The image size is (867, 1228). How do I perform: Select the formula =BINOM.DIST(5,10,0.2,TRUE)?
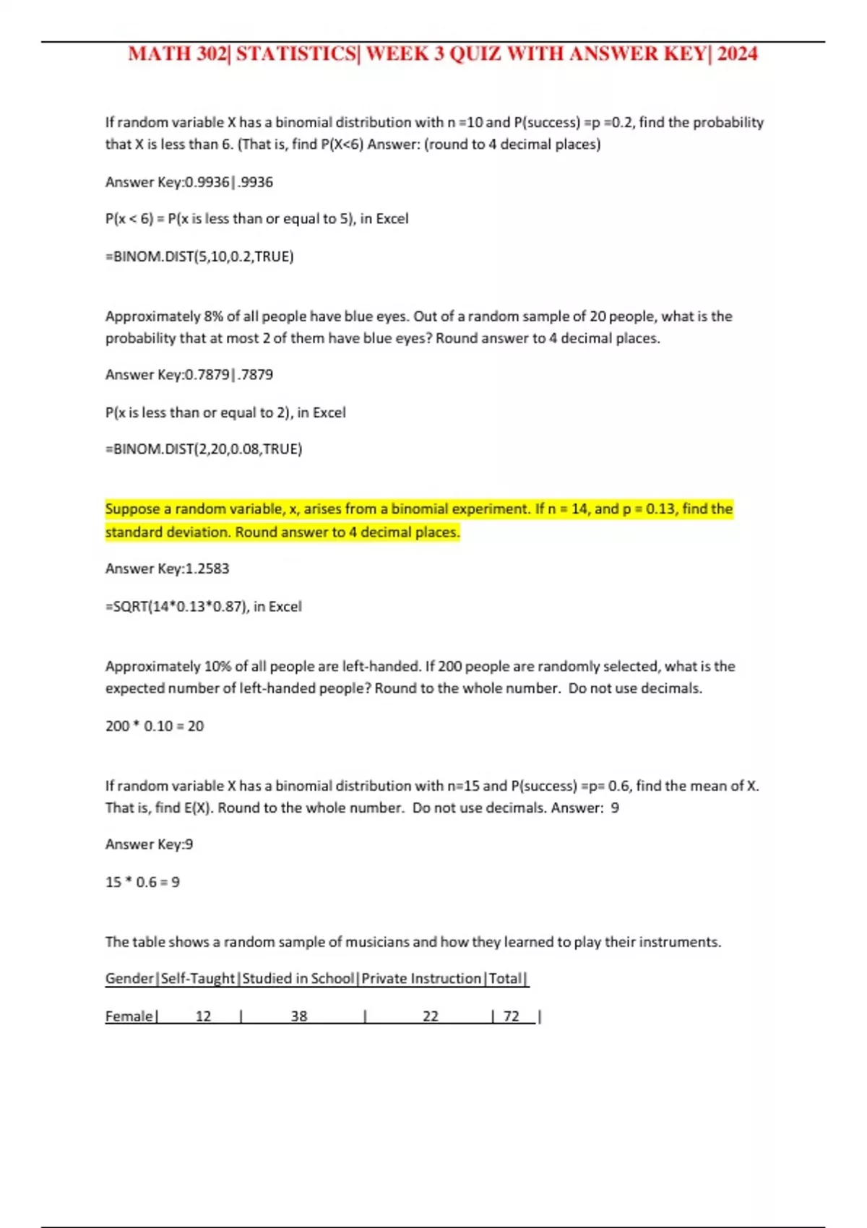coord(199,256)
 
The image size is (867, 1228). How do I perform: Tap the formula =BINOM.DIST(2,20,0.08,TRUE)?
coord(204,449)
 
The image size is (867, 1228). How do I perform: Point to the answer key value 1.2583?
coord(207,569)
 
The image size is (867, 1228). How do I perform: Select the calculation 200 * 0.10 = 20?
coord(155,726)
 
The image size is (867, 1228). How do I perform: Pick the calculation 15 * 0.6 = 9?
coord(142,882)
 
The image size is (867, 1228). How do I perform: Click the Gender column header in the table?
coord(129,979)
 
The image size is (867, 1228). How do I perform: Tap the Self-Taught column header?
coord(198,979)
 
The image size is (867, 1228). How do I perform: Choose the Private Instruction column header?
coord(421,979)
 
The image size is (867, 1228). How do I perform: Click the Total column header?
coord(505,979)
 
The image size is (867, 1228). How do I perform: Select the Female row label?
coord(129,1016)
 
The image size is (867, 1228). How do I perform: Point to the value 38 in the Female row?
coord(299,1016)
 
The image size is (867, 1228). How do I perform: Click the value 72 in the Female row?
coord(512,1016)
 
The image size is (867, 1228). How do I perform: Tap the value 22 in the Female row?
coord(431,1016)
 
